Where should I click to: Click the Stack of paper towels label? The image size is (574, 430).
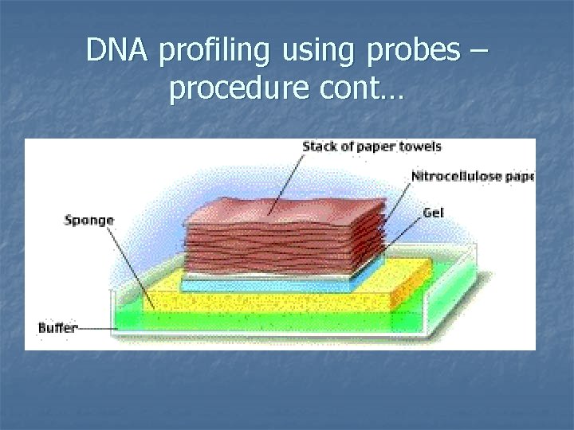click(372, 147)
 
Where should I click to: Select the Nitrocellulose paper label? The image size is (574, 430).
click(473, 176)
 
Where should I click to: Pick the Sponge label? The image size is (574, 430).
click(89, 221)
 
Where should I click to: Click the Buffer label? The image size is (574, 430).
click(58, 327)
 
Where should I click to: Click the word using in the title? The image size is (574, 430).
click(308, 51)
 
